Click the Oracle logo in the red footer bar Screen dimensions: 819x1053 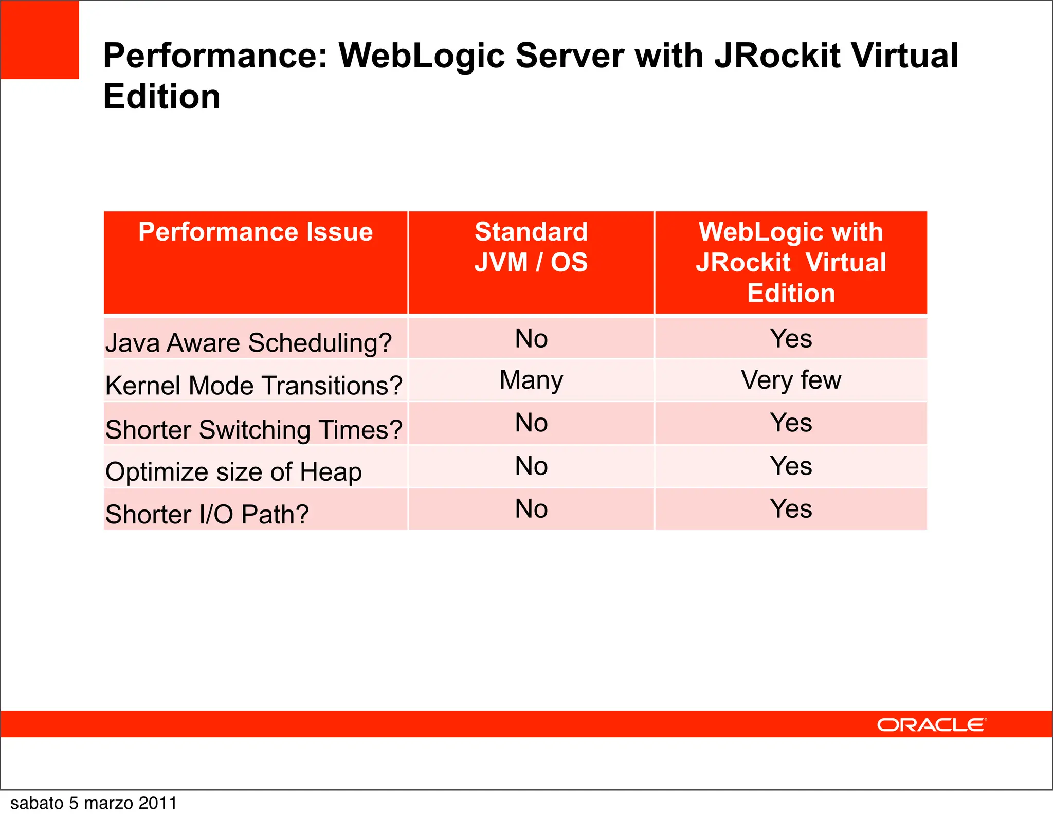click(x=931, y=725)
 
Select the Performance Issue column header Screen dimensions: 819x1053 click(x=256, y=232)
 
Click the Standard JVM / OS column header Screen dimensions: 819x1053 click(x=531, y=247)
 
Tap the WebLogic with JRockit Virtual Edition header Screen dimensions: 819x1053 click(x=791, y=262)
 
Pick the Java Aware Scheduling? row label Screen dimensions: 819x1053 click(x=248, y=342)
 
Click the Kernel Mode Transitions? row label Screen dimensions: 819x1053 click(x=253, y=385)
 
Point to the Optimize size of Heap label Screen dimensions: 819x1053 click(x=233, y=471)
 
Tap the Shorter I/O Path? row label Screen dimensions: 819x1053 click(x=207, y=514)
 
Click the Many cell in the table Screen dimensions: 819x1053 click(x=531, y=380)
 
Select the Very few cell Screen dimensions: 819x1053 click(x=791, y=380)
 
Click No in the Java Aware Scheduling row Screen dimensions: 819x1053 click(x=531, y=339)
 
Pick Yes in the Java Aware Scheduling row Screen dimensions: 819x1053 click(x=791, y=339)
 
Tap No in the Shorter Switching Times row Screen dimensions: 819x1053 click(x=531, y=423)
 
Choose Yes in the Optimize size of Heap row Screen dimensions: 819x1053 click(x=791, y=466)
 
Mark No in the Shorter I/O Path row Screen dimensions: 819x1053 click(x=531, y=509)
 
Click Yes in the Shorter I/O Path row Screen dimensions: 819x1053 click(x=791, y=509)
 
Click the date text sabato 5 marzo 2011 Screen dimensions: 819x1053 click(x=94, y=803)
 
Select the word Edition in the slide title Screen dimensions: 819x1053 click(x=162, y=97)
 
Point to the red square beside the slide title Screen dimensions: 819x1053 click(x=40, y=40)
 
